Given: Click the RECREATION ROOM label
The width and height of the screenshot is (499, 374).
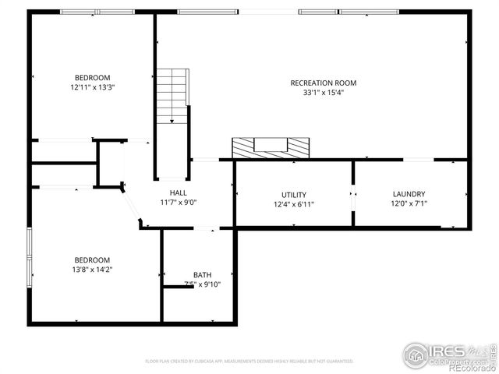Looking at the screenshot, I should [323, 83].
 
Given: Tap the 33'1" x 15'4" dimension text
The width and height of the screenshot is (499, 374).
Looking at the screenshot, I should [323, 93].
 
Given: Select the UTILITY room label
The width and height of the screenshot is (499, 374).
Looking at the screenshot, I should [294, 195].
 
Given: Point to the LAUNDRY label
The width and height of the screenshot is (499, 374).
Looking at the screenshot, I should [409, 194].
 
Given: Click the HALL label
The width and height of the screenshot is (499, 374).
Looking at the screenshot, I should [179, 192].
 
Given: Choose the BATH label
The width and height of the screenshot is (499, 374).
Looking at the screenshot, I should [202, 274].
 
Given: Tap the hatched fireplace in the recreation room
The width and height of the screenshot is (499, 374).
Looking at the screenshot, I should [271, 147].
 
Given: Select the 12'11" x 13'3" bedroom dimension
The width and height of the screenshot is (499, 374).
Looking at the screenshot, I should [92, 87].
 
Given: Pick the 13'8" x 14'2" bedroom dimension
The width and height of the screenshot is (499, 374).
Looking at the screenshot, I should [92, 270].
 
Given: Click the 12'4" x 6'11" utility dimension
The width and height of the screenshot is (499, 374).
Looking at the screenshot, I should [294, 204].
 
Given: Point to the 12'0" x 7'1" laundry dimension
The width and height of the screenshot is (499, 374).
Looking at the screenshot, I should [409, 204].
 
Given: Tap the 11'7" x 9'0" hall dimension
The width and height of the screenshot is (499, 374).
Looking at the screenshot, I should [179, 203].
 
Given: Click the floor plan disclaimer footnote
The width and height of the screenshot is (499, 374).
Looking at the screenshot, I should [249, 362].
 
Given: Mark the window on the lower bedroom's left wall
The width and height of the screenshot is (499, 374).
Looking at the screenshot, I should [30, 256].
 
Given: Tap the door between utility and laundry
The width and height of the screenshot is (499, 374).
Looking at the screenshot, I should [353, 199].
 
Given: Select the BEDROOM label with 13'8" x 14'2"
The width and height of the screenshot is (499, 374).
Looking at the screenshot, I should [92, 260].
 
